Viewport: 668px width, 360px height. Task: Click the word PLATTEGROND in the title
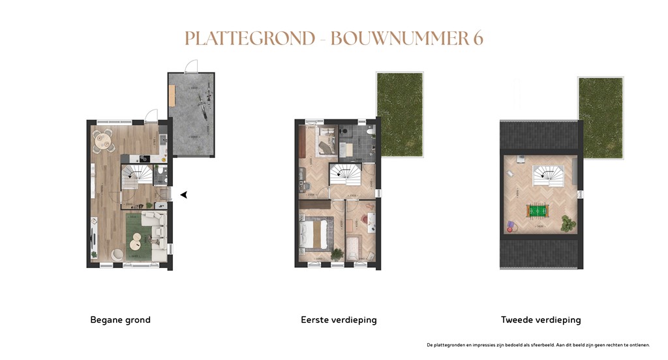click(x=249, y=38)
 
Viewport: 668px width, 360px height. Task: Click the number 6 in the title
click(x=478, y=38)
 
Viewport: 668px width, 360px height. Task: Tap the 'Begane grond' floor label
click(x=120, y=320)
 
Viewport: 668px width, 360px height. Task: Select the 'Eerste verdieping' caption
click(x=339, y=320)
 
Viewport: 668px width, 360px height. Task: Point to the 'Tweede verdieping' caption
click(x=541, y=320)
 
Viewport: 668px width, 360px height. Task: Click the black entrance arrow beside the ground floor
click(x=184, y=194)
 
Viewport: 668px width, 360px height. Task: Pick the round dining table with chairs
click(x=102, y=139)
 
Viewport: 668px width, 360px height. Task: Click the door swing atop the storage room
click(x=190, y=65)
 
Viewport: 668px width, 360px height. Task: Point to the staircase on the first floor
click(x=345, y=175)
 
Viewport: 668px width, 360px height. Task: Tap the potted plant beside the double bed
click(x=337, y=254)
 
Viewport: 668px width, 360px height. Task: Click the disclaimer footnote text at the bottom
click(x=538, y=344)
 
